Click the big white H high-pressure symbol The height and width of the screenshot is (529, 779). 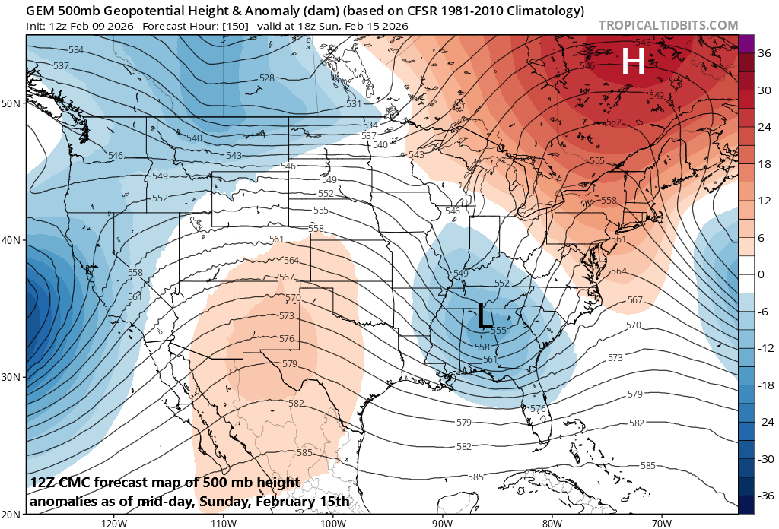coord(633,62)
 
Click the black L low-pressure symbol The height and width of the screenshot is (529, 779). coord(484,315)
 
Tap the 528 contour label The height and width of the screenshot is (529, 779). coord(266,78)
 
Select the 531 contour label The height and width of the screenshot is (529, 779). coord(354,104)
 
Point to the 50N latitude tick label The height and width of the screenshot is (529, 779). coord(14,103)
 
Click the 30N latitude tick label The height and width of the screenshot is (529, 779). coord(14,377)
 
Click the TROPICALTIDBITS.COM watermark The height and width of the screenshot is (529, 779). coord(668,26)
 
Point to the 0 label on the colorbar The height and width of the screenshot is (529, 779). coord(762,274)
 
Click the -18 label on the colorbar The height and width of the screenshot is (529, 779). coord(762,385)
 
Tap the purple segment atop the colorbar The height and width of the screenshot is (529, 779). coord(746,43)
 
